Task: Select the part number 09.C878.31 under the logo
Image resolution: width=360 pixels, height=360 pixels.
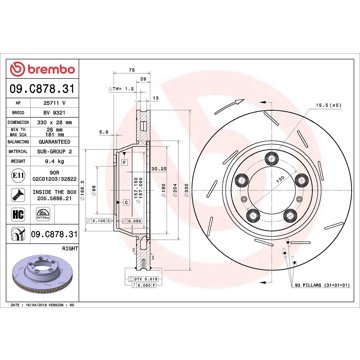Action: [40, 94]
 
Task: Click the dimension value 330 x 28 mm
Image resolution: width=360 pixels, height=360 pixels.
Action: [53, 125]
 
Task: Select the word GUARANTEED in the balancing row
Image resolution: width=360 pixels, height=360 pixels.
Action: [53, 146]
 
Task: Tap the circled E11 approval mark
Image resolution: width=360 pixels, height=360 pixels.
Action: [13, 179]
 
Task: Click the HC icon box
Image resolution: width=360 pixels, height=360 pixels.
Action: [13, 214]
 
